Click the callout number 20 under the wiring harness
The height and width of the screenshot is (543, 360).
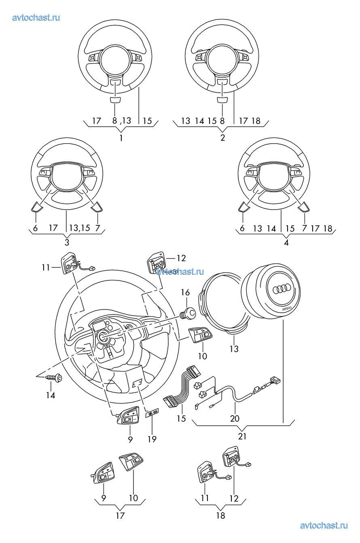click(235, 418)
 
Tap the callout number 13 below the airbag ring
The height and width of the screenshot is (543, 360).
click(234, 349)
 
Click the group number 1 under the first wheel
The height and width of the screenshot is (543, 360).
click(121, 138)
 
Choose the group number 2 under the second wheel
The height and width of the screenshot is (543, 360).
click(222, 138)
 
